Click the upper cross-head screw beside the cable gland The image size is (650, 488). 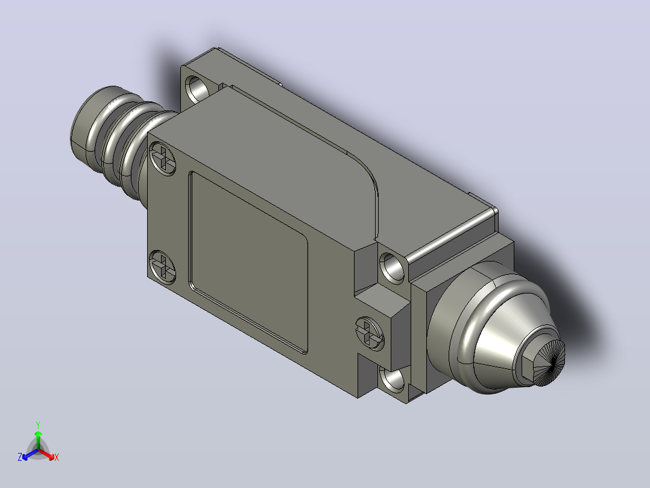pyautogui.click(x=163, y=159)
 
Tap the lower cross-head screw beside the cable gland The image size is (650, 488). pyautogui.click(x=163, y=266)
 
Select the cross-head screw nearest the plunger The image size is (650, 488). pyautogui.click(x=370, y=333)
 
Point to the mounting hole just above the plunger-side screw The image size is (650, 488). pyautogui.click(x=392, y=267)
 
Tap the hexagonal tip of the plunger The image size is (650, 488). pyautogui.click(x=539, y=361)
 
